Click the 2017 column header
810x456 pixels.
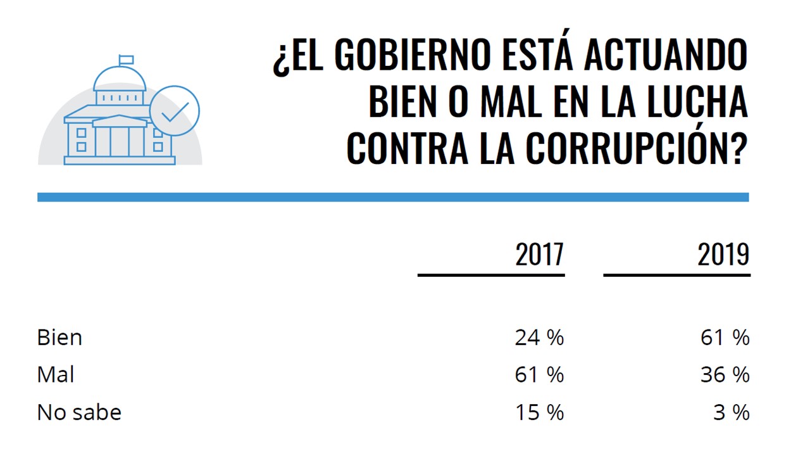pos(539,255)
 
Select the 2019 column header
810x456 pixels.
pos(723,255)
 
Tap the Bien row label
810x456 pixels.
pos(59,338)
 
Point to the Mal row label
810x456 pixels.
pos(56,375)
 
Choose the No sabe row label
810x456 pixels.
pos(79,412)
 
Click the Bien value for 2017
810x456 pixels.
pos(539,338)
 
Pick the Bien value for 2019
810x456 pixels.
pos(725,338)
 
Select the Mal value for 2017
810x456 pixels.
pos(539,375)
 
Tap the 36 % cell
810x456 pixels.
pos(725,375)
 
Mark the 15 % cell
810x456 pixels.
pos(539,412)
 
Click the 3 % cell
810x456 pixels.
pos(732,412)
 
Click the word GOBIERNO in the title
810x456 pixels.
pos(412,56)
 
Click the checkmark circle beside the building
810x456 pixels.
pos(175,111)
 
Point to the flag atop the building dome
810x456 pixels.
pos(127,60)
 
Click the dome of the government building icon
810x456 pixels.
pos(120,79)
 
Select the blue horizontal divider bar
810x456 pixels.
pos(393,198)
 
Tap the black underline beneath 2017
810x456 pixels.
pos(491,275)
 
